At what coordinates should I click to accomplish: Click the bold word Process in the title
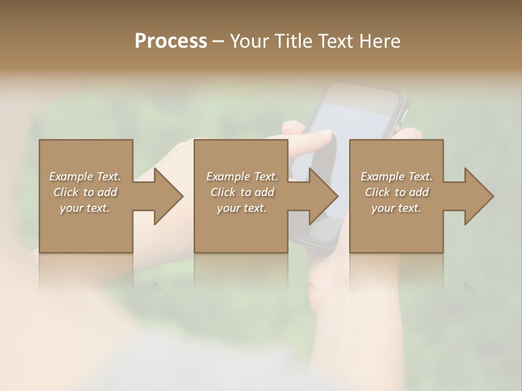point(171,41)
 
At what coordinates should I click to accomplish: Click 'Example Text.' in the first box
point(85,176)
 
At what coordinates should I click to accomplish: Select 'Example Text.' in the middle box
point(242,176)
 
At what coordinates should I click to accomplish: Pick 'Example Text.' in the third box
point(396,176)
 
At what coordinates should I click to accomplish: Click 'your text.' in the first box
point(85,208)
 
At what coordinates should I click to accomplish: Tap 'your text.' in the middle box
point(242,208)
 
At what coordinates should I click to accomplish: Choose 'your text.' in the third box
point(396,208)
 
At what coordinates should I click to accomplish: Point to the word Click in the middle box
point(222,192)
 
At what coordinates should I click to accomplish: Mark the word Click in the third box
point(377,192)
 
